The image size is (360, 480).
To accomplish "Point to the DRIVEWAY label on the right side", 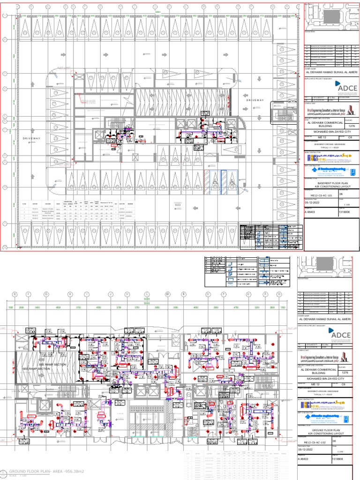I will click(x=255, y=100).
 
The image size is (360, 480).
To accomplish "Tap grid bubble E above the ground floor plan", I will click(x=15, y=294).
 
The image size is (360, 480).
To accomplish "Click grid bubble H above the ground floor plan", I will click(x=70, y=294).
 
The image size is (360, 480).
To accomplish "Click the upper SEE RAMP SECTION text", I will click(x=52, y=364).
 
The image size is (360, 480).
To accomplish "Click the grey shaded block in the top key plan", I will click(x=331, y=17).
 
